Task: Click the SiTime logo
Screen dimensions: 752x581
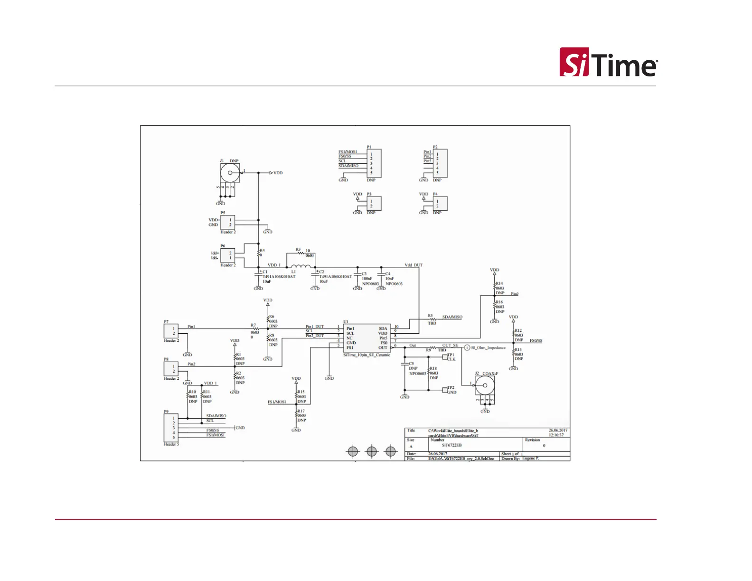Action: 608,62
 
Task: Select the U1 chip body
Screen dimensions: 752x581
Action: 367,337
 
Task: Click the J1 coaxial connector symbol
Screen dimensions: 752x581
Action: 231,173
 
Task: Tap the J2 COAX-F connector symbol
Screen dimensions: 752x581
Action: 485,386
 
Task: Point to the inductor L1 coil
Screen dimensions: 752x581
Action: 300,266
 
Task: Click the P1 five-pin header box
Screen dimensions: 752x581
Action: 374,163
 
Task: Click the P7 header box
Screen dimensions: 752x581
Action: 171,331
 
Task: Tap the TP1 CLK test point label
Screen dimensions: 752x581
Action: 451,357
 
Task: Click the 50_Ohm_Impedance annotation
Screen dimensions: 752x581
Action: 488,348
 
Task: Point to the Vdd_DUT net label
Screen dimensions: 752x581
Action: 413,265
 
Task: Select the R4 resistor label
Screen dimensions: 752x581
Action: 262,250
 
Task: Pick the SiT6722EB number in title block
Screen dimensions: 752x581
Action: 451,445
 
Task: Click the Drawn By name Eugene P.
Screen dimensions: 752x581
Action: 530,459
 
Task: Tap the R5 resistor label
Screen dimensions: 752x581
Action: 430,316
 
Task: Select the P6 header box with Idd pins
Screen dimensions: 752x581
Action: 227,255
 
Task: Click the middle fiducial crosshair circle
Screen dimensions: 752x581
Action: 372,451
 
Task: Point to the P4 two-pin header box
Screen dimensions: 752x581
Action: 440,203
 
